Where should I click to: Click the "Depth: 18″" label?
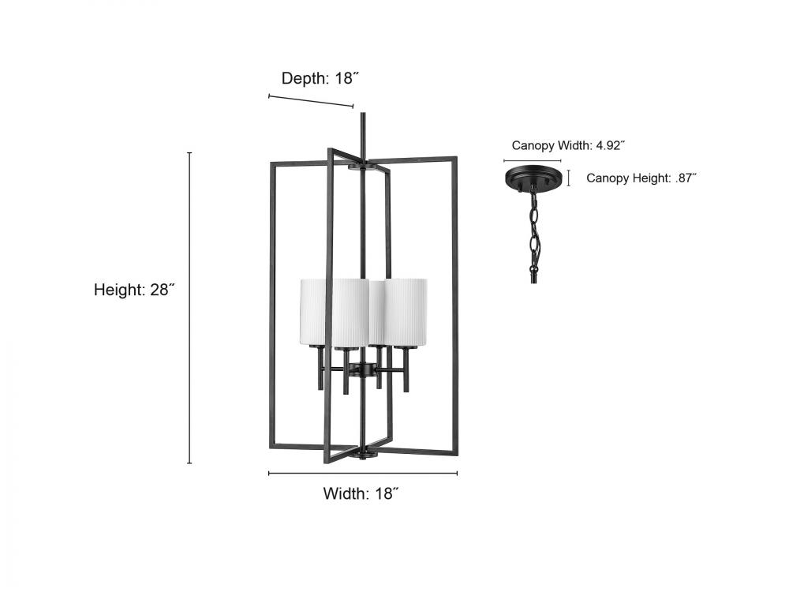(321, 77)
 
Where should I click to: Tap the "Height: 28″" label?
(133, 290)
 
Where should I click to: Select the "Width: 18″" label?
(361, 493)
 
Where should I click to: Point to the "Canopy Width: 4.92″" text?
(568, 145)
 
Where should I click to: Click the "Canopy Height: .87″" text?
(641, 178)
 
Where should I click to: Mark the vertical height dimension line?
(189, 308)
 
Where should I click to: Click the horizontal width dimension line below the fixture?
(363, 474)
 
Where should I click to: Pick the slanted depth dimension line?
(311, 101)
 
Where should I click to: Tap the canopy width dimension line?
(534, 161)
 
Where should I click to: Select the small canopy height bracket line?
(570, 178)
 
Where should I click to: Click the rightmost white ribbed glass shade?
(408, 312)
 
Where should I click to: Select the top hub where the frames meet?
(362, 166)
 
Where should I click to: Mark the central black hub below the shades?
(364, 369)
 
